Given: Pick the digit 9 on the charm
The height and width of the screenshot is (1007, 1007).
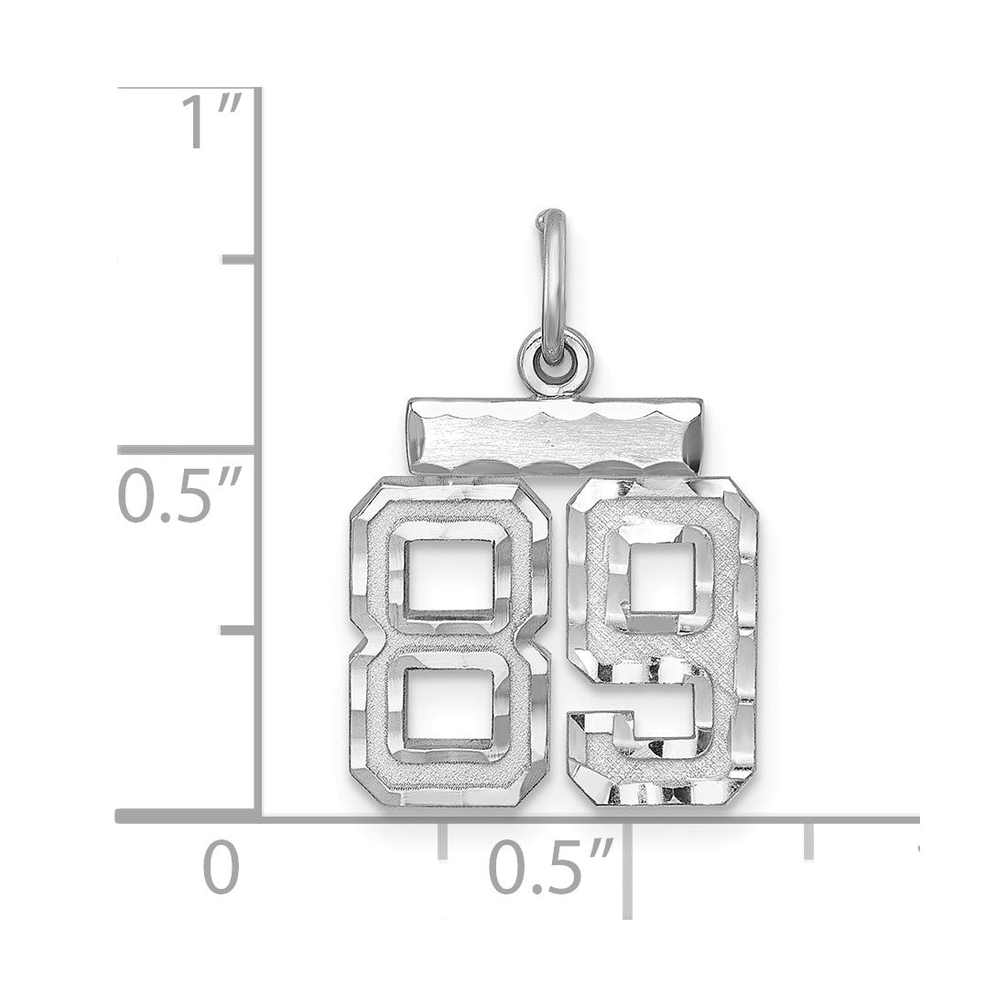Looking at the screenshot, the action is (x=663, y=641).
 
